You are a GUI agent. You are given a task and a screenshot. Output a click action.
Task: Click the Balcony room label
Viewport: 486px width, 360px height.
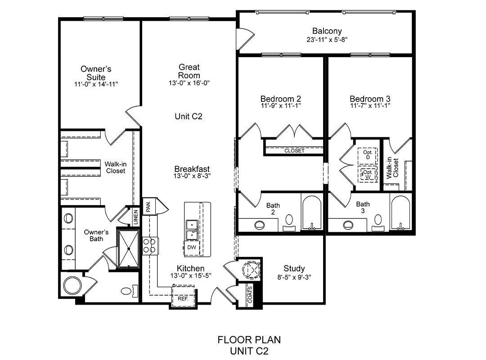(327, 31)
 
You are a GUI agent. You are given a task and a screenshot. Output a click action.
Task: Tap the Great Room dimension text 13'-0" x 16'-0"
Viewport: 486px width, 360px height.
(189, 83)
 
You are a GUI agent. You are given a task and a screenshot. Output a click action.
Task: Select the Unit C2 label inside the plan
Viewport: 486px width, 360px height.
(189, 116)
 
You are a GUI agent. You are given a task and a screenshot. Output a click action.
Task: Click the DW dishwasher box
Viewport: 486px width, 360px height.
(192, 247)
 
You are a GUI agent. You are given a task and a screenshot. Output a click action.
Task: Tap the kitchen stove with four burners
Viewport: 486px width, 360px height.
(150, 246)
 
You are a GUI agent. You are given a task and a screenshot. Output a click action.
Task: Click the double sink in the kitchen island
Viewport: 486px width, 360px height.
(192, 230)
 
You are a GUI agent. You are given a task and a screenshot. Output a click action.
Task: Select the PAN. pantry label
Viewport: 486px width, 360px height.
(148, 206)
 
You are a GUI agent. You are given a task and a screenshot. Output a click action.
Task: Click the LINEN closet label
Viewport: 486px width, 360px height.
(135, 217)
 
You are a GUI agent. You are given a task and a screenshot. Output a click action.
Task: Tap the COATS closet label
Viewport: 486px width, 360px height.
(250, 294)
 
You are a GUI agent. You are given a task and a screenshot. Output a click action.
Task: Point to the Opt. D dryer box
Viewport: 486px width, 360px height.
(368, 155)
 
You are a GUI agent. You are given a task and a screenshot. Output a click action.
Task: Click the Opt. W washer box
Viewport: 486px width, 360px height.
(368, 175)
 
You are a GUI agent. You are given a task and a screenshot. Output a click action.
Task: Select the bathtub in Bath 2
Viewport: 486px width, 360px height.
(312, 212)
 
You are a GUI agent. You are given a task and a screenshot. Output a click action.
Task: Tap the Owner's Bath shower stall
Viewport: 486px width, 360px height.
(128, 248)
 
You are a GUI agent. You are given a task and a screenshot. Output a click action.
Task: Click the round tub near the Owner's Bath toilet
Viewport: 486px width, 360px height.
(72, 285)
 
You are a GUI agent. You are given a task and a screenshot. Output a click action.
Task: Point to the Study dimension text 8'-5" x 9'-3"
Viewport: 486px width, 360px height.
(294, 277)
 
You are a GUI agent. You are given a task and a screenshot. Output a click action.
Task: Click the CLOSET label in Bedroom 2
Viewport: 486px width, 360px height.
(294, 151)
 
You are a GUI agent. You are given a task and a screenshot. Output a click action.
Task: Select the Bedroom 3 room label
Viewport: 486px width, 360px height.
(370, 99)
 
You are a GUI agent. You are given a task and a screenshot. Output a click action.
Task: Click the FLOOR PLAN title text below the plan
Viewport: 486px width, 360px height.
(249, 340)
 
